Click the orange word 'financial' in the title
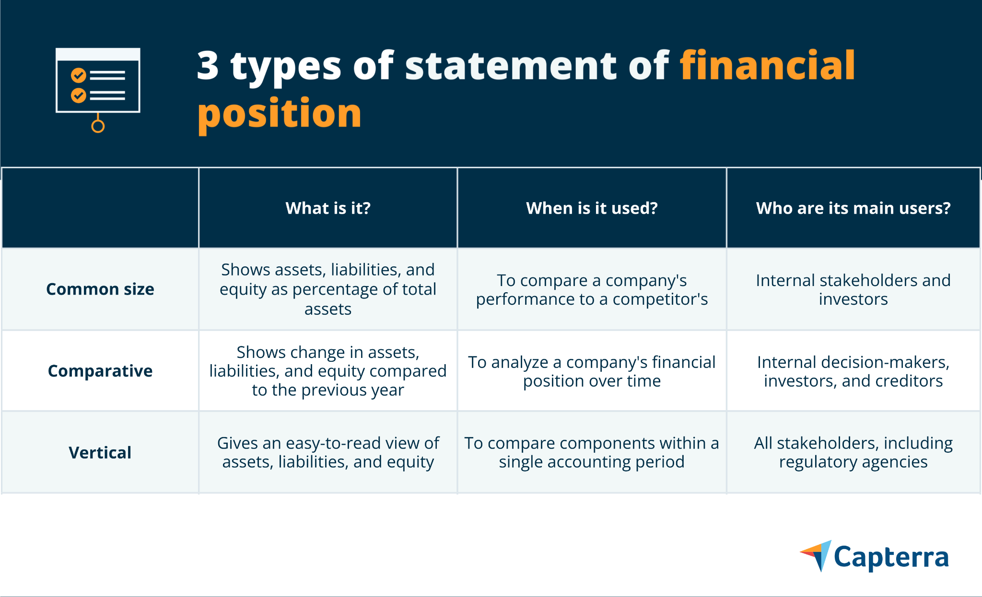coord(767,66)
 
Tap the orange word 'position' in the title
coord(280,114)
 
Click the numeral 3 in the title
coord(208,66)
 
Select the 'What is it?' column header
coord(328,208)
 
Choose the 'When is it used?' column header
coord(592,208)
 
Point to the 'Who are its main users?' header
coord(853,208)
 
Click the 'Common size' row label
coord(100,289)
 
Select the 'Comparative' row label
coord(100,371)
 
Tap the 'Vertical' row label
coord(100,452)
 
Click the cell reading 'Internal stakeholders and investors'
coord(853,289)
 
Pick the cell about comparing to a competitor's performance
coord(592,289)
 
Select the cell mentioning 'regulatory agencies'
coord(853,452)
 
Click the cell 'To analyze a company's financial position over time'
coord(592,371)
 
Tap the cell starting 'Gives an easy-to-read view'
coord(328,452)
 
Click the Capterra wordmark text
coord(891,558)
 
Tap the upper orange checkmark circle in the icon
coord(79,75)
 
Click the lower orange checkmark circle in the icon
coord(79,95)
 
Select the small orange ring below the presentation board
coord(98,126)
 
